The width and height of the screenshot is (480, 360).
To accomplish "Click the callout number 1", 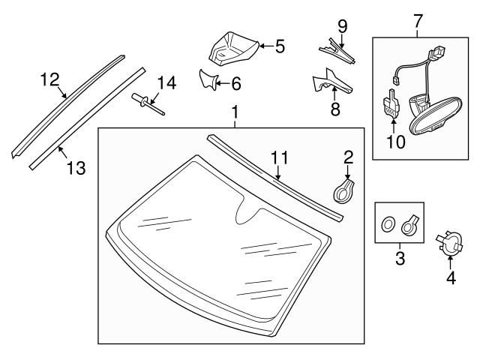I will click(x=235, y=113).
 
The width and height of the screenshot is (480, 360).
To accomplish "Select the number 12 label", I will click(x=49, y=79).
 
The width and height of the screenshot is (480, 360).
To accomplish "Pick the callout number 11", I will click(x=279, y=157).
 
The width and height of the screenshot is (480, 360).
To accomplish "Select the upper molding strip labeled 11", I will click(x=273, y=177).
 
